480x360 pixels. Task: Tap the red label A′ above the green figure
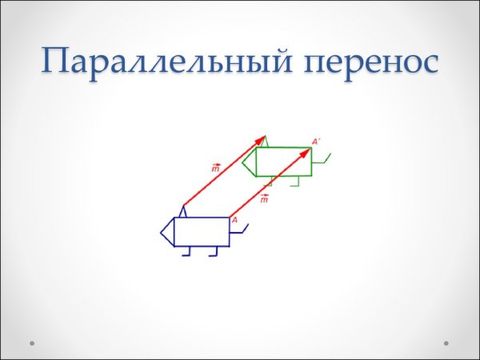click(x=316, y=142)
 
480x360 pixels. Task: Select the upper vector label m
click(x=216, y=169)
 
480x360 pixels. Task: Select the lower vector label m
click(x=264, y=198)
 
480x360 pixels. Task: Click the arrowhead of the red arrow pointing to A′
click(x=306, y=151)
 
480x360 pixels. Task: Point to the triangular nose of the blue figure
click(x=167, y=232)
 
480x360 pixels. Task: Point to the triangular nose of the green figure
click(x=249, y=162)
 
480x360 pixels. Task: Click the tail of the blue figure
click(x=240, y=230)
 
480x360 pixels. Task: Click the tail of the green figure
click(x=322, y=160)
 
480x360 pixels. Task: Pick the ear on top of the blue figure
click(x=182, y=212)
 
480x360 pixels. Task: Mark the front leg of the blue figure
click(x=186, y=252)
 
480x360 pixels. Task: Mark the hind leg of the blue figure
click(x=214, y=252)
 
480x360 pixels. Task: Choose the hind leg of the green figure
click(x=295, y=182)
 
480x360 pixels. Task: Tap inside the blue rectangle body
click(x=201, y=232)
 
